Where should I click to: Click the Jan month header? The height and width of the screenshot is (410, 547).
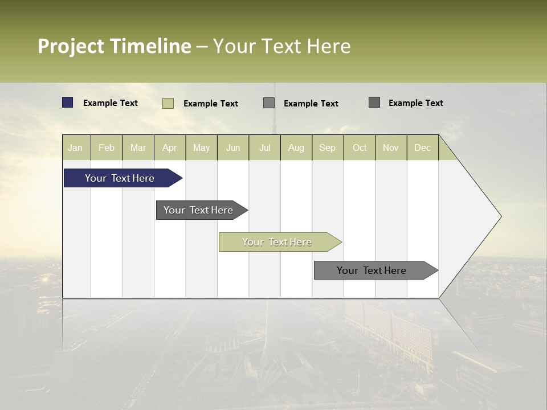[76, 147]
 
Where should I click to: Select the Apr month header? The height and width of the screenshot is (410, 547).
[170, 147]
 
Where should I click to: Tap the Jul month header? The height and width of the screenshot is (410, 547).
[264, 147]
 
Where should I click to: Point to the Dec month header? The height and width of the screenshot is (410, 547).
[422, 147]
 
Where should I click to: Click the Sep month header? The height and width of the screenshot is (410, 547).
[328, 147]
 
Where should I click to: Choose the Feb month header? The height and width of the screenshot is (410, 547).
[107, 147]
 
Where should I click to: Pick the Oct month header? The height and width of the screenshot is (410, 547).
[360, 147]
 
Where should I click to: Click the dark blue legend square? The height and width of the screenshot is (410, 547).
[68, 102]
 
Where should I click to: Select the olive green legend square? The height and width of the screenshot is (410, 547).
[168, 103]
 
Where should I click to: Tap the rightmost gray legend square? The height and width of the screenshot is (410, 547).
[374, 102]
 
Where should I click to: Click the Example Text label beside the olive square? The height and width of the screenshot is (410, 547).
[211, 103]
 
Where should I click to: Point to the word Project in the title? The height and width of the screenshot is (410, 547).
[71, 46]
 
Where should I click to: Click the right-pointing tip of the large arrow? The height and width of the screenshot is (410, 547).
[500, 216]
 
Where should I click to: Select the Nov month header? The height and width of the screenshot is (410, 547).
[391, 147]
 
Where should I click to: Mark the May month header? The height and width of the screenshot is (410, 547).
[201, 147]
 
